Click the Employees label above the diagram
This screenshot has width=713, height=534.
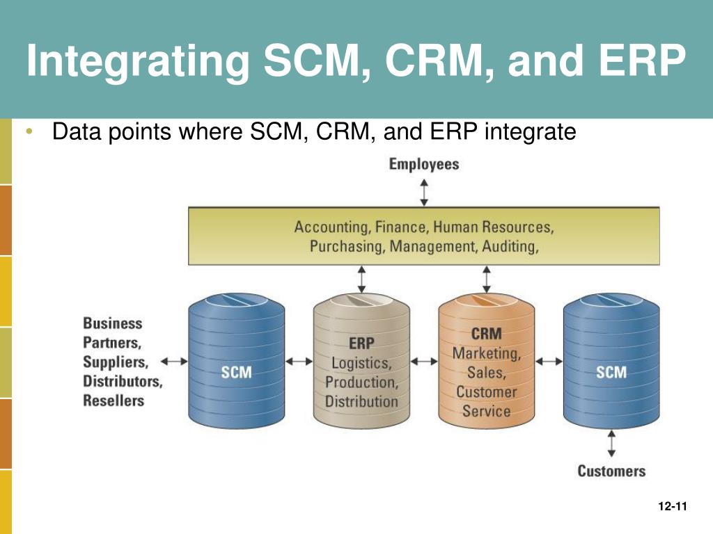click(424, 165)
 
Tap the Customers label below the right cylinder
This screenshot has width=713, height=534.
click(611, 471)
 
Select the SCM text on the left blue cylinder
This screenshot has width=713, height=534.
click(236, 372)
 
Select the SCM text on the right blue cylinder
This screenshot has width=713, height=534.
click(611, 372)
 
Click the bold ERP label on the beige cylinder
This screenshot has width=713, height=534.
click(361, 343)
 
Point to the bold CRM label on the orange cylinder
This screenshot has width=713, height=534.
click(486, 334)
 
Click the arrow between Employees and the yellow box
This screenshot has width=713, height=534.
click(424, 192)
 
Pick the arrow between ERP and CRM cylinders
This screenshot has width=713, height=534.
click(423, 361)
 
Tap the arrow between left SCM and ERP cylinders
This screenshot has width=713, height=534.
click(299, 361)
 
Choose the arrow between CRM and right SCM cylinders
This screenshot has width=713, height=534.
click(549, 361)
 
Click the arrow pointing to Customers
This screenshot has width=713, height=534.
click(611, 442)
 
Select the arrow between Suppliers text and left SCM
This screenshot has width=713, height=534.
click(174, 361)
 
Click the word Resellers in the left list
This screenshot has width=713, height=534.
click(113, 400)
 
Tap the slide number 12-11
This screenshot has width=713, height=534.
click(672, 506)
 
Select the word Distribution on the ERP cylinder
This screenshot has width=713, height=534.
click(361, 401)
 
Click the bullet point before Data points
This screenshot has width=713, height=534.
click(30, 131)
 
